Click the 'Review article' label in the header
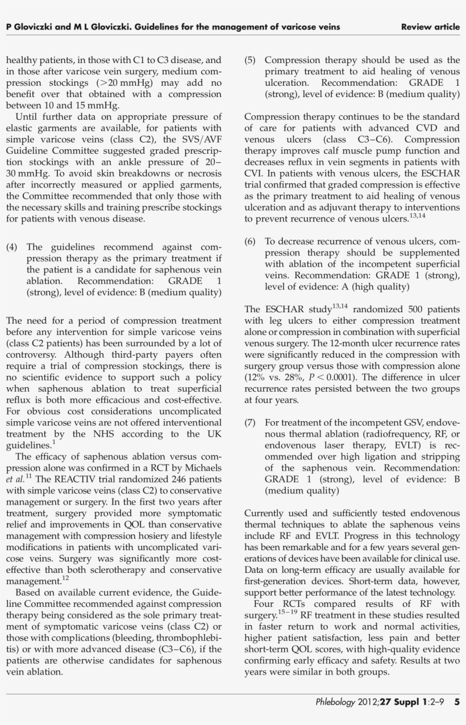click(x=430, y=27)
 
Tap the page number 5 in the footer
click(x=457, y=702)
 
